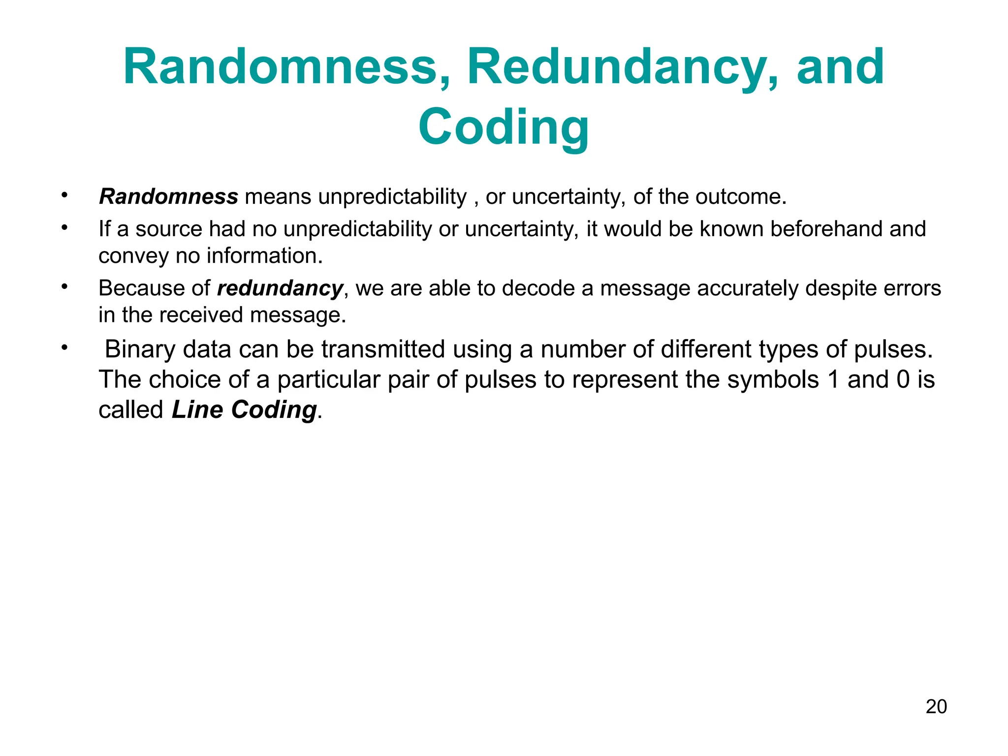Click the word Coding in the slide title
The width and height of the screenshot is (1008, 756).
point(504,127)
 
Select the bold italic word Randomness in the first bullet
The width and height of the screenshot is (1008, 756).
point(168,197)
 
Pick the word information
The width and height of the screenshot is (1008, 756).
point(264,256)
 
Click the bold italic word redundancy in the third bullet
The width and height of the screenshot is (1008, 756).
point(280,288)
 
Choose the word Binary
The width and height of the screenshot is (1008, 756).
point(140,350)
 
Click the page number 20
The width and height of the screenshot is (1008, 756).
point(936,707)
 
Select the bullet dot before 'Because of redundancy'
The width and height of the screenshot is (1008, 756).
point(63,286)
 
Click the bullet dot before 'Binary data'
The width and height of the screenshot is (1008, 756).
point(63,347)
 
